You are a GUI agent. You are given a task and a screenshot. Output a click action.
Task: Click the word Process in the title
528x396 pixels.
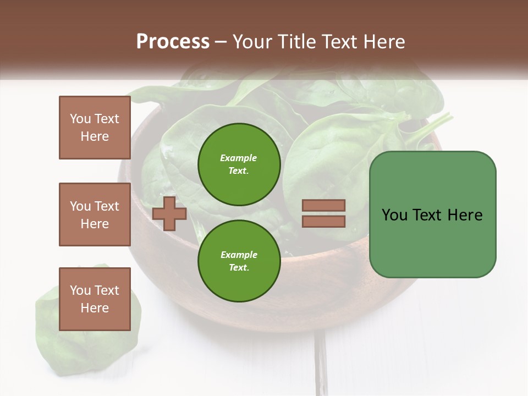tap(173, 42)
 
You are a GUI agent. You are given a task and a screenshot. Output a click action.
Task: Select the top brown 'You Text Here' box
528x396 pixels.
tap(95, 128)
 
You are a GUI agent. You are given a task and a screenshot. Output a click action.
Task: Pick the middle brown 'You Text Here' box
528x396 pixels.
tap(95, 215)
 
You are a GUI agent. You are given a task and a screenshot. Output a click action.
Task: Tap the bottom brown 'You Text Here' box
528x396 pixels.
tap(95, 299)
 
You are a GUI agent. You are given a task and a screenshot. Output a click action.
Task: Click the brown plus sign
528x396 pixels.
tap(169, 214)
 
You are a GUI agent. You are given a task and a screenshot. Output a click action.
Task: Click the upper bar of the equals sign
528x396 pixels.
tap(324, 205)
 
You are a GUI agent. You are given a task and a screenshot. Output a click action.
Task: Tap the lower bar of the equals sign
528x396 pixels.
tap(324, 221)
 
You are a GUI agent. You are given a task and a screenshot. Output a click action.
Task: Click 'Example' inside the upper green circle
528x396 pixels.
tap(239, 158)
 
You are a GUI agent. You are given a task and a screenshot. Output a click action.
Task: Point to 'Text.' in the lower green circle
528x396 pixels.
tap(239, 267)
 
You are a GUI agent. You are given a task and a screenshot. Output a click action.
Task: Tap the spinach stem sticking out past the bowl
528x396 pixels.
tap(437, 124)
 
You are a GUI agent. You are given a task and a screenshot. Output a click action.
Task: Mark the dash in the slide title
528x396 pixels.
tap(221, 42)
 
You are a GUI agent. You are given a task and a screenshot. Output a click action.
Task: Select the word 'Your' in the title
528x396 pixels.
tap(251, 42)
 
